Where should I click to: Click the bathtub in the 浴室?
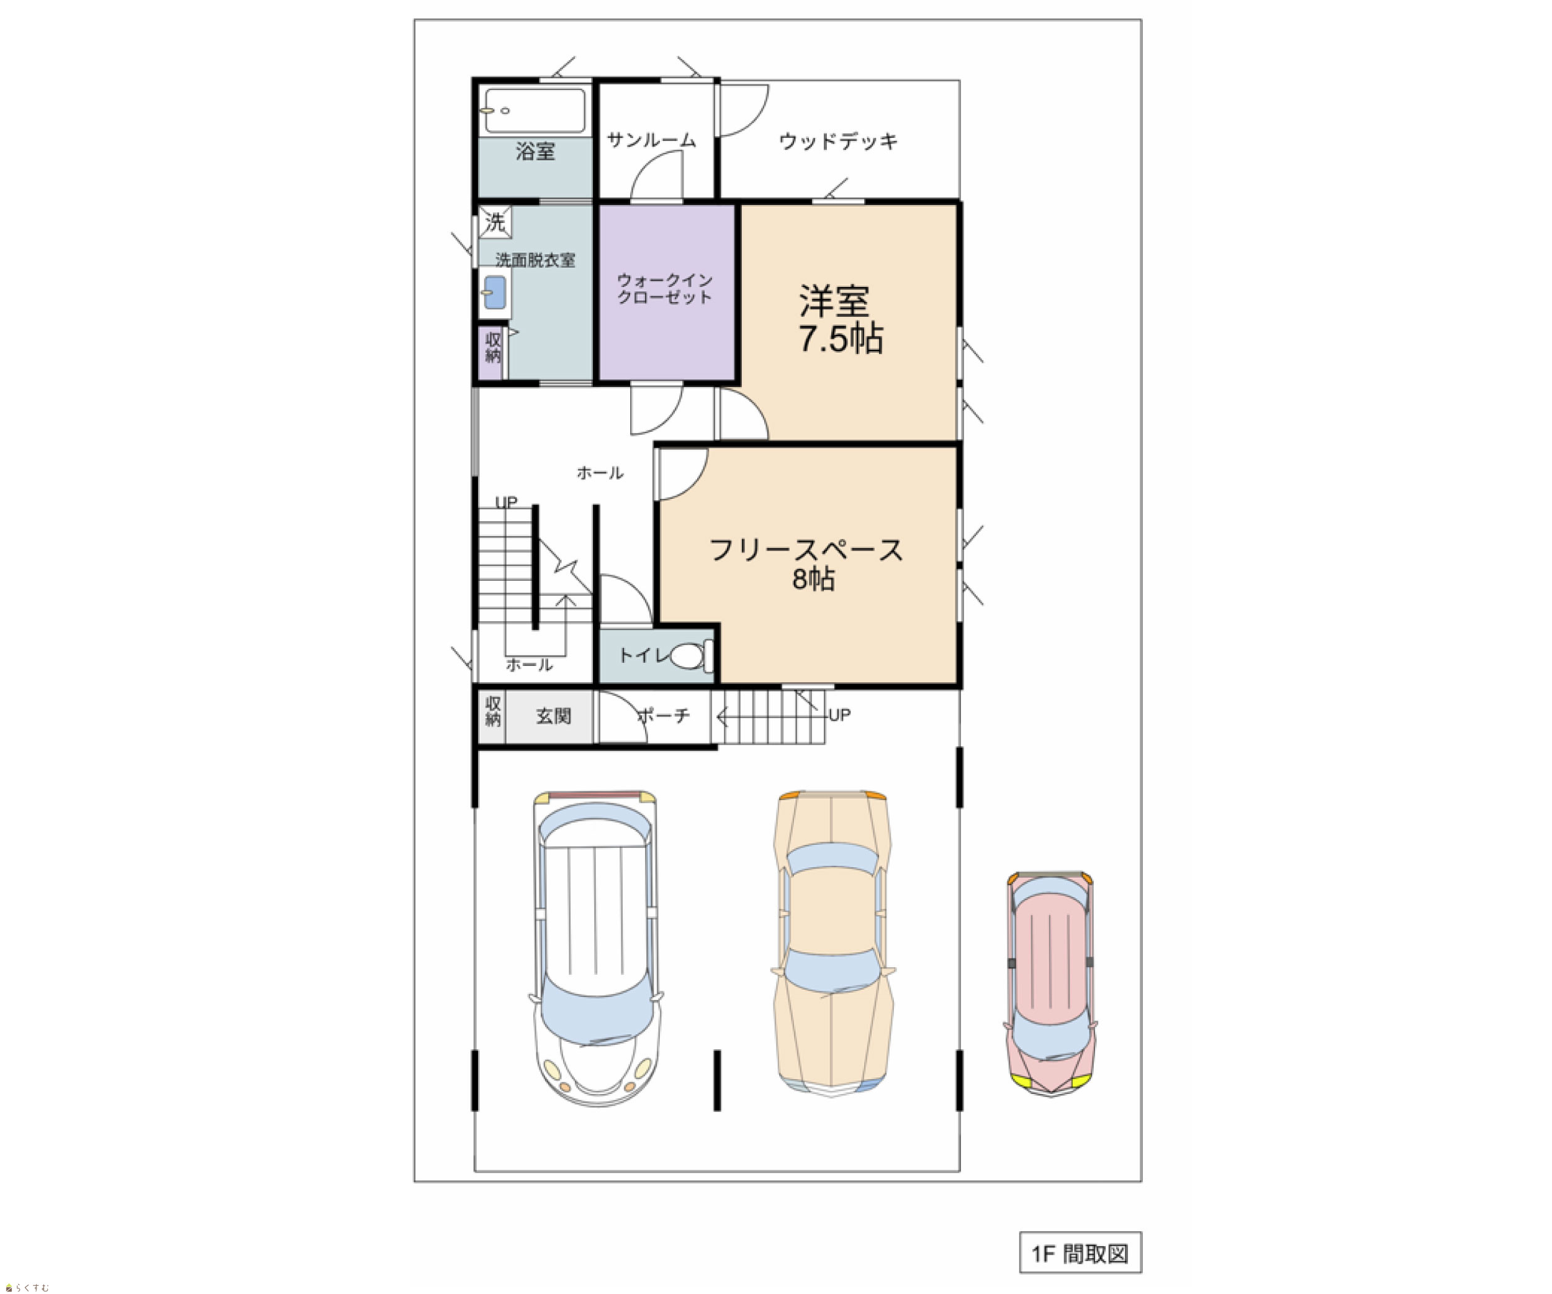click(535, 111)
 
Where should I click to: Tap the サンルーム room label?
click(651, 140)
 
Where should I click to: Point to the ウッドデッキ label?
click(838, 140)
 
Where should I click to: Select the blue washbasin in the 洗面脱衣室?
click(494, 292)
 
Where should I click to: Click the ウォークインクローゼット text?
click(664, 288)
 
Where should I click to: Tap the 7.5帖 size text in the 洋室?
click(841, 339)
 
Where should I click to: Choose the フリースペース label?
click(806, 550)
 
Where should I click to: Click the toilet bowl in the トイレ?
click(687, 655)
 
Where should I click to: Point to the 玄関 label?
click(554, 716)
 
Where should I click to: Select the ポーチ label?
click(663, 715)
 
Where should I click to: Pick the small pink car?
click(1050, 983)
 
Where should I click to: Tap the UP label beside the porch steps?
click(839, 715)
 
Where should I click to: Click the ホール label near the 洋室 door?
click(600, 473)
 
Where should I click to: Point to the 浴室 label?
click(535, 152)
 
